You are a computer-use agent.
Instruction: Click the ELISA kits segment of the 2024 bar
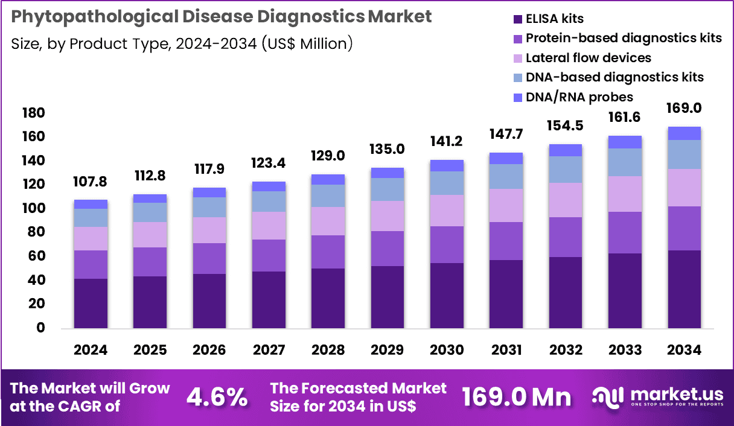tap(91, 304)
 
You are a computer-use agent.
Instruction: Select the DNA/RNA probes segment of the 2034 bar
tap(684, 133)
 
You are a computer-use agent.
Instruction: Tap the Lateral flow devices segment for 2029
tap(387, 216)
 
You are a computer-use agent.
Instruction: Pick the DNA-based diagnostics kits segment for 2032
tap(565, 170)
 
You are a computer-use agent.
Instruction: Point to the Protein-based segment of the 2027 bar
tap(269, 255)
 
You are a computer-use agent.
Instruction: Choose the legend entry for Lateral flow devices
tap(589, 58)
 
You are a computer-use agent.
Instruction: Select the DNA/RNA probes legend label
tap(579, 97)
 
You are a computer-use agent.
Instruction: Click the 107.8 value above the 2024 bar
tap(91, 182)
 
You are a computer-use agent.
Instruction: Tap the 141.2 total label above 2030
tap(447, 142)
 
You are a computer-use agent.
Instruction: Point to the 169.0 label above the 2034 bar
tap(684, 109)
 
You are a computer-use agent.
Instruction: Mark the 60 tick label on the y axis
tap(36, 256)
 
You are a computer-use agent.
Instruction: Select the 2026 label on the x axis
tap(209, 350)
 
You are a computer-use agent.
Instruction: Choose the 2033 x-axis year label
tap(625, 350)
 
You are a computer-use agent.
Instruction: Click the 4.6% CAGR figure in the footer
tap(217, 396)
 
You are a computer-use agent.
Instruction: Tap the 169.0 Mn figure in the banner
tap(516, 396)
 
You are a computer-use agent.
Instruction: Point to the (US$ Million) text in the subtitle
tap(307, 43)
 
